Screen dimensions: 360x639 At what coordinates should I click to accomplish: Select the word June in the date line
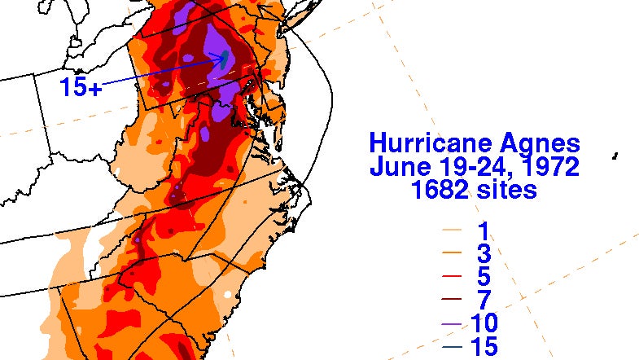click(x=397, y=168)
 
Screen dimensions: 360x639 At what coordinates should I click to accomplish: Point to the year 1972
click(x=550, y=168)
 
